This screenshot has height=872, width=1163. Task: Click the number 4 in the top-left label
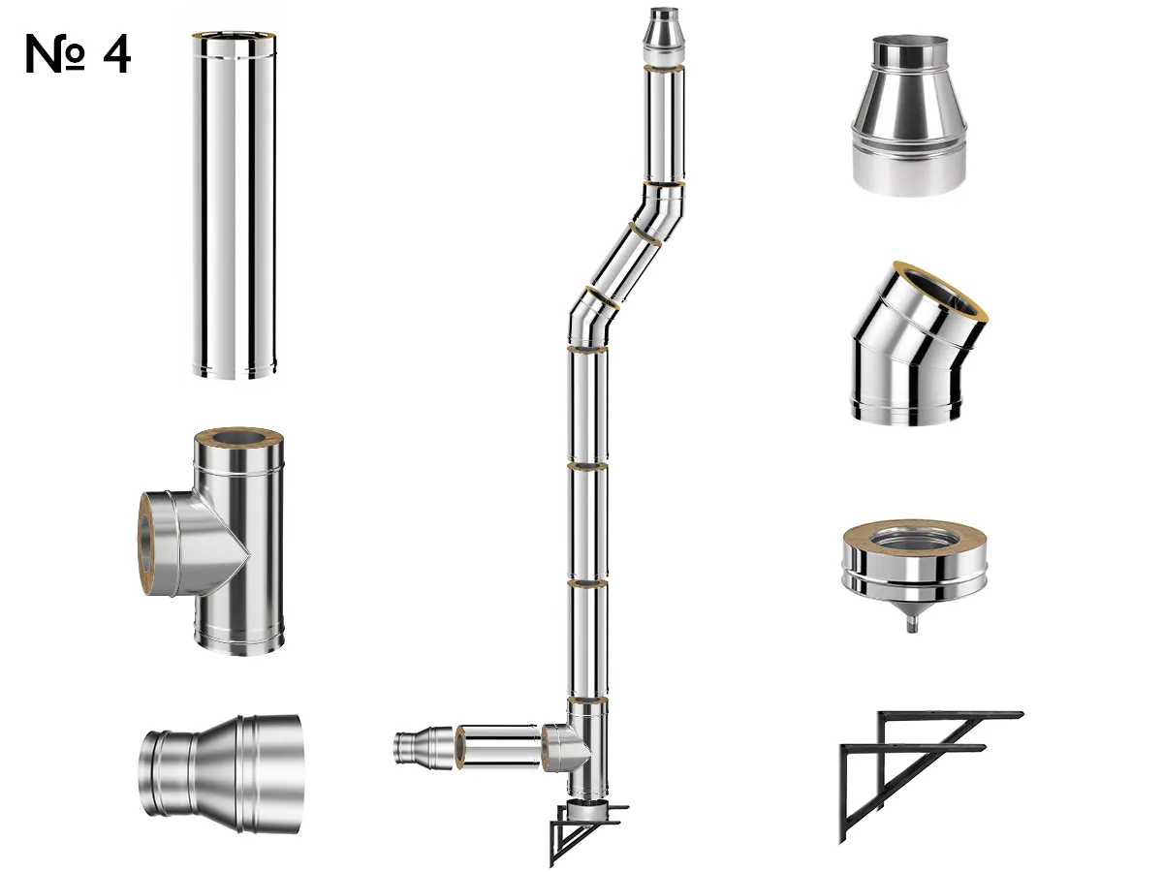click(x=115, y=55)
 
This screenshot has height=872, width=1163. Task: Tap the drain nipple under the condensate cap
click(x=912, y=624)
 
